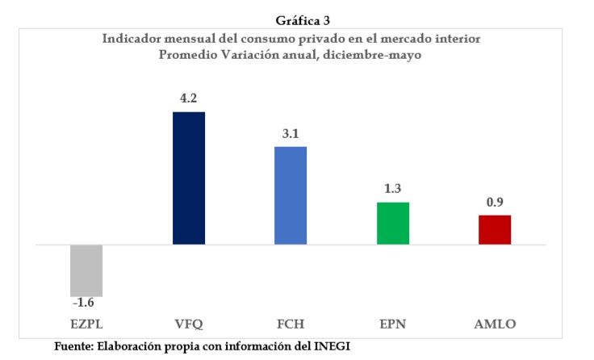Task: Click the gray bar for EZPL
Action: [x=86, y=270]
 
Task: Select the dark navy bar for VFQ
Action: [x=189, y=178]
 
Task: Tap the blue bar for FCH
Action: [x=291, y=195]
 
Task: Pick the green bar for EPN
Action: [x=393, y=223]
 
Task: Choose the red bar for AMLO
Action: [x=495, y=229]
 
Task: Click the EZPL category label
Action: [x=86, y=324]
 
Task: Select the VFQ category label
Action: [x=189, y=324]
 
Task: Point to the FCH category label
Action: [x=291, y=324]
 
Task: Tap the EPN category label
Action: [x=393, y=324]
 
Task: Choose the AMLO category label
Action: [x=495, y=324]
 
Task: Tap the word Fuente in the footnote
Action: [x=73, y=345]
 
